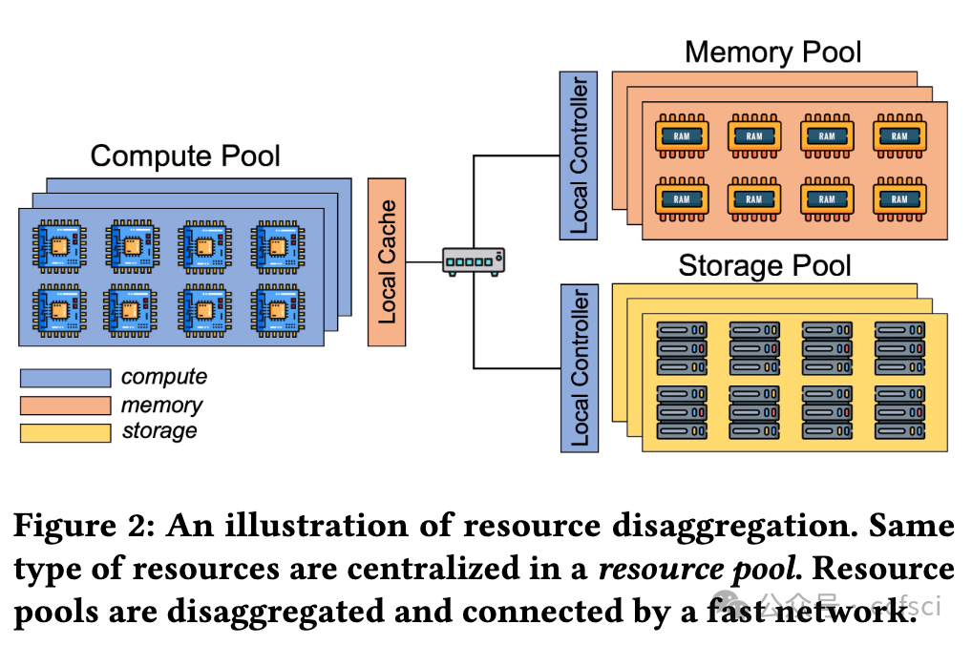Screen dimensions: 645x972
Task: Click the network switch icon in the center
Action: [474, 260]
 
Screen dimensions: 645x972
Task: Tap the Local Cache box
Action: [387, 261]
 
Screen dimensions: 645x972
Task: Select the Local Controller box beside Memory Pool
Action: [579, 156]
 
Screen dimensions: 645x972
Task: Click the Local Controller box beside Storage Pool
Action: [579, 367]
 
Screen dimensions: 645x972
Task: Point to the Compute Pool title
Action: [185, 156]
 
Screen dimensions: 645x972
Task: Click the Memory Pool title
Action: [772, 52]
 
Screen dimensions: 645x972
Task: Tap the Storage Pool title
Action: [764, 264]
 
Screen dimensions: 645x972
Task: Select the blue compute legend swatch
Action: [65, 378]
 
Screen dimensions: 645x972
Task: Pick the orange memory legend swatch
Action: [65, 406]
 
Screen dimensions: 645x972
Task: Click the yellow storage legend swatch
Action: [65, 432]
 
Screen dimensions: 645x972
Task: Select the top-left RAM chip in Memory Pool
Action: [682, 135]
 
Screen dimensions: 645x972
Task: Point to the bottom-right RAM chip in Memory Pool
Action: [899, 198]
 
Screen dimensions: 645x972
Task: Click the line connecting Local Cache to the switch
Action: [424, 260]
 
